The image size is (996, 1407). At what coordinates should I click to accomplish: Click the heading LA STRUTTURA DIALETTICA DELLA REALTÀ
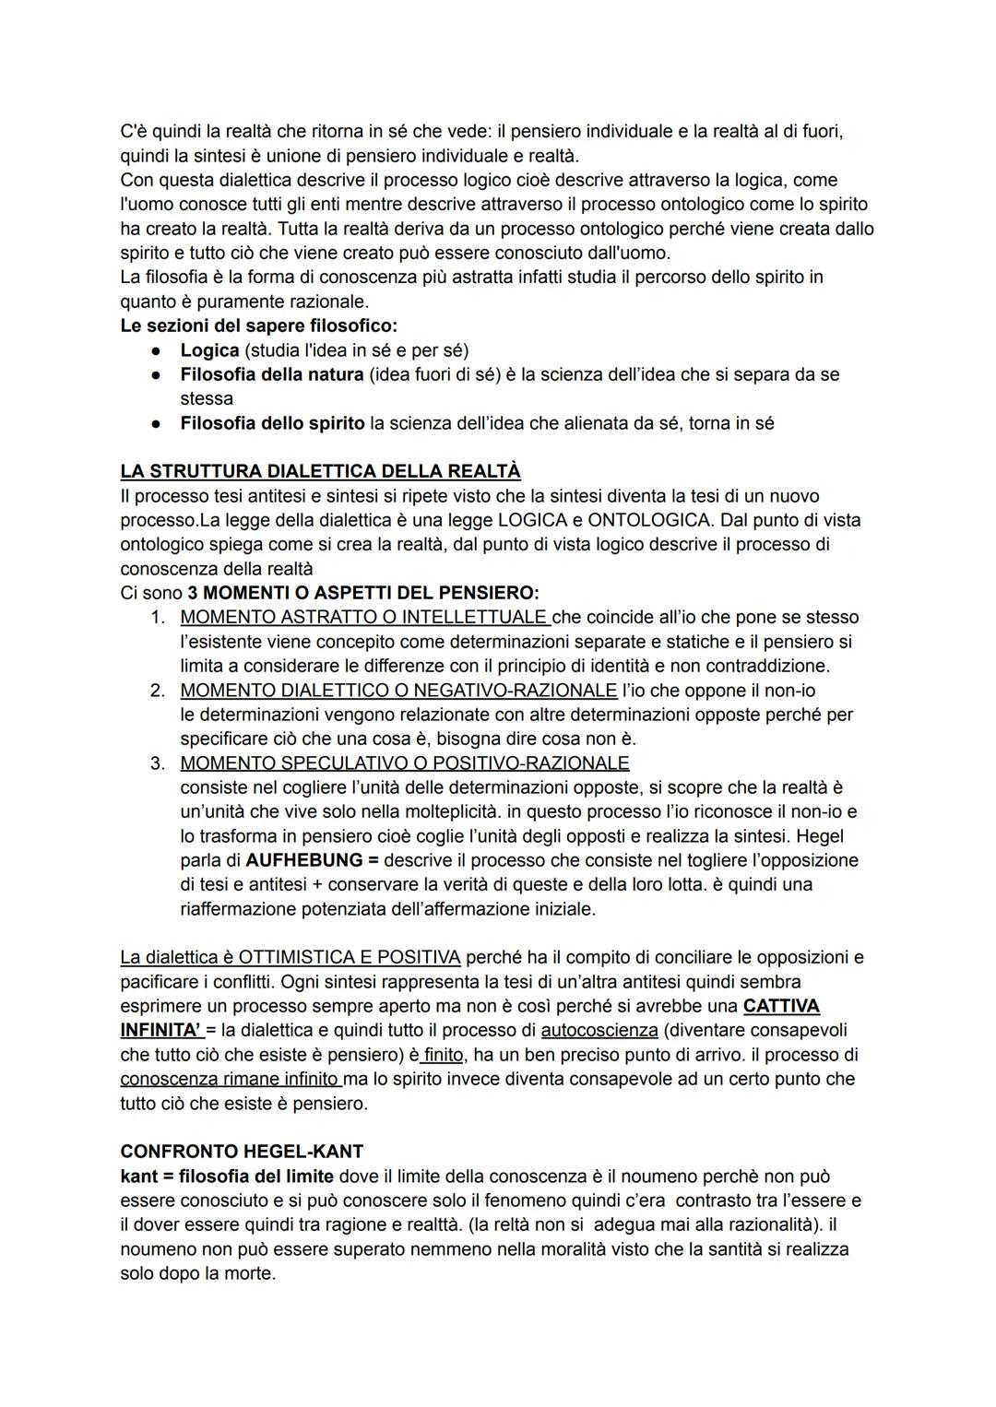coord(320,471)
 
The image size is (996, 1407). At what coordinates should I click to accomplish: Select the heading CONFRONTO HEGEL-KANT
coord(242,1152)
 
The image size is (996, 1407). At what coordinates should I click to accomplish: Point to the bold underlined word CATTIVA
coord(780,1006)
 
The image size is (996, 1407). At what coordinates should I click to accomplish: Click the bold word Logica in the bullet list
coord(209,350)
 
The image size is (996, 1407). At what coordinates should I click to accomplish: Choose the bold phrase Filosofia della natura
coord(271,374)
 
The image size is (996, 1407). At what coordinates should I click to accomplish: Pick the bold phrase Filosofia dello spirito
coord(272,423)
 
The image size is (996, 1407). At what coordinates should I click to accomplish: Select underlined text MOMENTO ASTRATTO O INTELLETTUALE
coord(363,617)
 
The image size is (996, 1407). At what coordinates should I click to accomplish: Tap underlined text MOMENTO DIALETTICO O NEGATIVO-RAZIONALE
coord(398,690)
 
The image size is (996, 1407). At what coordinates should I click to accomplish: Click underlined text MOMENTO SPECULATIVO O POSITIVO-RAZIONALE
coord(404,763)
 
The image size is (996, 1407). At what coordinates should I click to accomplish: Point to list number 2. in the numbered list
coord(158,690)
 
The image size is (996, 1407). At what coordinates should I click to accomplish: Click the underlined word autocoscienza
coord(599,1030)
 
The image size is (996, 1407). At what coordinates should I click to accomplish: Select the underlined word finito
coord(444,1054)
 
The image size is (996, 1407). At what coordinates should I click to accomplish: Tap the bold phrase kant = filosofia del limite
coord(227,1176)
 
